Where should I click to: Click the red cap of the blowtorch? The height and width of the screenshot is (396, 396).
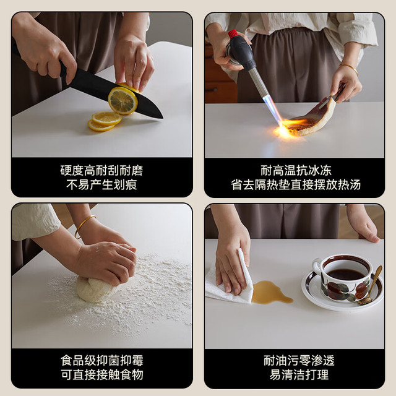click(x=233, y=33)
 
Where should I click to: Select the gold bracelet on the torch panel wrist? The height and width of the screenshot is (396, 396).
click(x=349, y=68)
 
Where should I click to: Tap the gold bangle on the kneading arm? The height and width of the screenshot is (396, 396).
click(x=84, y=225)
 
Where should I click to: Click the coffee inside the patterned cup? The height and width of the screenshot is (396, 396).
click(x=345, y=274)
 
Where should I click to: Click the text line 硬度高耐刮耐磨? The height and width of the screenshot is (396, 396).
click(x=101, y=171)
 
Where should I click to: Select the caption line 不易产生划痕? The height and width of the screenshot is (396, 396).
click(x=101, y=184)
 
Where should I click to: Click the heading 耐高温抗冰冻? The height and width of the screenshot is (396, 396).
click(x=296, y=171)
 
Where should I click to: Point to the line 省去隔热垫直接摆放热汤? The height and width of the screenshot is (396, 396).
click(x=296, y=184)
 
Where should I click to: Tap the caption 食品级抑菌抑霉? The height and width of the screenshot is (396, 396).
click(x=102, y=360)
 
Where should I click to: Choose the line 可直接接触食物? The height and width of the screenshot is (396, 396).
click(x=102, y=374)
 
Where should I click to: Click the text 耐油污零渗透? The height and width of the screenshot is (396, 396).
click(x=299, y=360)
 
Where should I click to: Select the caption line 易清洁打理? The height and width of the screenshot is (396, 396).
click(x=299, y=374)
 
